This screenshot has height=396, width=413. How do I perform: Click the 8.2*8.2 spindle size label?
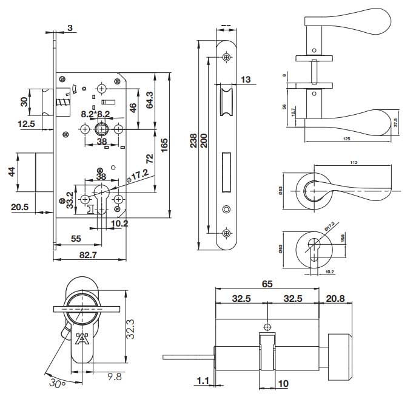[95, 114]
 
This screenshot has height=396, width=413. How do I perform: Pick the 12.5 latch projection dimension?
[26, 124]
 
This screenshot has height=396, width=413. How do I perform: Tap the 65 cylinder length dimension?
[267, 284]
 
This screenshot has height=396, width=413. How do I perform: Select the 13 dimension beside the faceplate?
[246, 80]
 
